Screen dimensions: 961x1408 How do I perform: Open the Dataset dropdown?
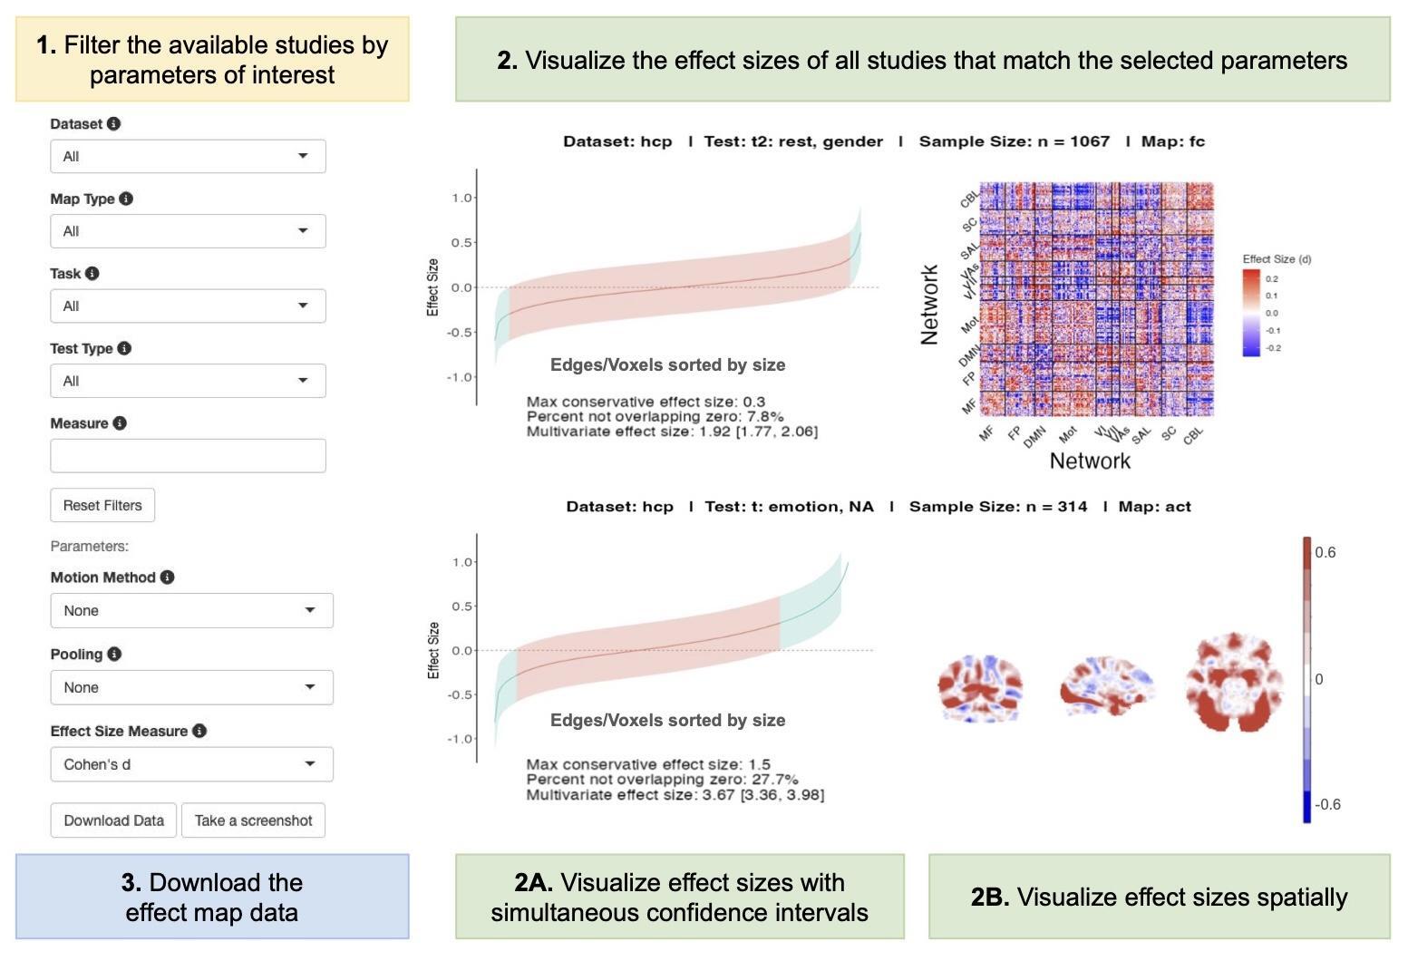[x=188, y=156]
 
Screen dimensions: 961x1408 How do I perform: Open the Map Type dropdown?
[x=188, y=231]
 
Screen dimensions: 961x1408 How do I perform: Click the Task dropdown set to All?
[x=188, y=306]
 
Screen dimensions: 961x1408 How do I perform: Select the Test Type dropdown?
[x=188, y=381]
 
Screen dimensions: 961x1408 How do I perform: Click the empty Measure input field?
[x=188, y=456]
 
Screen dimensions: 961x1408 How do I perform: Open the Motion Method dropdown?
[x=191, y=610]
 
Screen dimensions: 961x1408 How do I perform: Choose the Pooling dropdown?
[x=191, y=687]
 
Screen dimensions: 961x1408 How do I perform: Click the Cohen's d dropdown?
[x=191, y=764]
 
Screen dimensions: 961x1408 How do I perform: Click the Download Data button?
[x=113, y=820]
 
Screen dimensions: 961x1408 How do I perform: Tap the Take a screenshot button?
[x=253, y=820]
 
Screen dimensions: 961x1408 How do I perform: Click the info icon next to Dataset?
[x=113, y=124]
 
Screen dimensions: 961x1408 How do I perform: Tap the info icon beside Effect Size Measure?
[x=199, y=731]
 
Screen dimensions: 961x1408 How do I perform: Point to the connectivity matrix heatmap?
[x=1097, y=299]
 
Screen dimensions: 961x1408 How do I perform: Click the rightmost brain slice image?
[x=1234, y=682]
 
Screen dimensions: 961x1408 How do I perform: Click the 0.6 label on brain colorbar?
[x=1325, y=553]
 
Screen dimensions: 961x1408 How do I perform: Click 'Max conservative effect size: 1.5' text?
[x=648, y=764]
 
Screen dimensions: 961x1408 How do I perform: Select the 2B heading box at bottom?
[x=1159, y=897]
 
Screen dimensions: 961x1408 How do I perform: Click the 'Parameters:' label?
[x=90, y=546]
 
